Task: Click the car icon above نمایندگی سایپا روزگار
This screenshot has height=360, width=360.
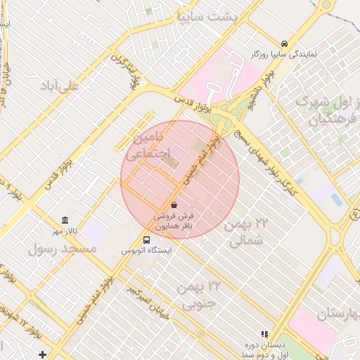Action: (283, 43)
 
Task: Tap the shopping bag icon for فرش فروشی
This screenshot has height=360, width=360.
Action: (174, 205)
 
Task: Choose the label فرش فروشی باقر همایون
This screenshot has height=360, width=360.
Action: (184, 221)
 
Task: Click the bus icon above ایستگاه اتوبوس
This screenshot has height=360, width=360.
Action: (147, 239)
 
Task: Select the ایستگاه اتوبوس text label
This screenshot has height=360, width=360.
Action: (147, 250)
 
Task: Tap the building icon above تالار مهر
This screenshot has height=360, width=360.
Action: (65, 220)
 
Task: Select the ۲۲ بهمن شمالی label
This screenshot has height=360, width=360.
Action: (247, 232)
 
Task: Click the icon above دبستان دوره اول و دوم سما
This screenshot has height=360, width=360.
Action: (265, 334)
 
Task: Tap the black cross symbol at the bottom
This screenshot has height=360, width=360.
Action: (44, 354)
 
